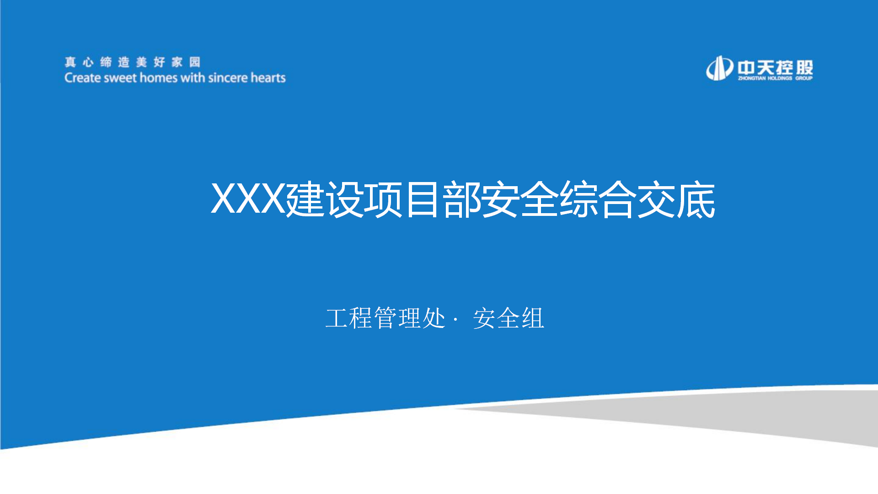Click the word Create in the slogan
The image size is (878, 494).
(x=83, y=78)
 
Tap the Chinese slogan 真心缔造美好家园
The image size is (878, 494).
(x=133, y=62)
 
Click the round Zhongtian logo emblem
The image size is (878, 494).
(x=720, y=68)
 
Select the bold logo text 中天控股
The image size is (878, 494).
(x=775, y=67)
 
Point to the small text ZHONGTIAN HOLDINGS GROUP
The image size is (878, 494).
(x=775, y=78)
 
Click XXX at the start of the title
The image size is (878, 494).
(x=248, y=199)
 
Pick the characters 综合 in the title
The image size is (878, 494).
(x=598, y=199)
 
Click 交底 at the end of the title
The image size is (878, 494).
(x=676, y=199)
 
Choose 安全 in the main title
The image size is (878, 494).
(x=520, y=199)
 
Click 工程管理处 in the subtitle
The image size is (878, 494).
(x=385, y=318)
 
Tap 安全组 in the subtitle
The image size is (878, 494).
(x=509, y=318)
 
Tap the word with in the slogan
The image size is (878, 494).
(x=193, y=78)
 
